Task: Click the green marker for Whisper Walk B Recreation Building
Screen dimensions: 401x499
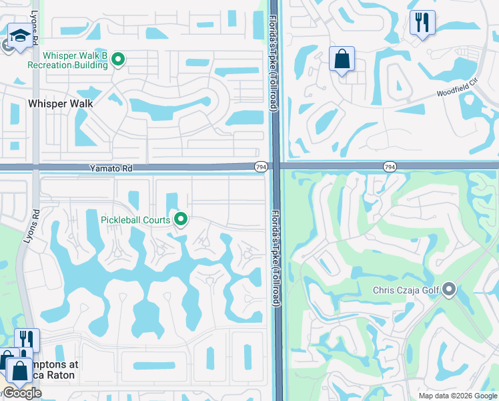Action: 118,59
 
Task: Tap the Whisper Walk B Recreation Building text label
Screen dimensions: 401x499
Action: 67,60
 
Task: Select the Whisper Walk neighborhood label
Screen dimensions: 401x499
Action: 60,104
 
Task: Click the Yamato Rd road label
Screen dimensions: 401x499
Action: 108,170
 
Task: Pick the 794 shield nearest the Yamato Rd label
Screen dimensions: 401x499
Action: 261,166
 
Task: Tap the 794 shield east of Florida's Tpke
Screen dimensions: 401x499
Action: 390,166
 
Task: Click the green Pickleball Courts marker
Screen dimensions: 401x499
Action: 180,219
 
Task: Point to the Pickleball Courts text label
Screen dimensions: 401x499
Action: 135,220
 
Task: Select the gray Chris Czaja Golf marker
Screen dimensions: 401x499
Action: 449,289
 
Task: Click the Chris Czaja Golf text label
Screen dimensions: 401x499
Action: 406,290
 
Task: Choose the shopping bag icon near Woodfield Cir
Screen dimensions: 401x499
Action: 342,59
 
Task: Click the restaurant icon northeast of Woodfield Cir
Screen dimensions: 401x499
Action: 422,23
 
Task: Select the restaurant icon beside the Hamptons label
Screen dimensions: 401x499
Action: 27,340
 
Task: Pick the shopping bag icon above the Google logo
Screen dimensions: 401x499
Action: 19,370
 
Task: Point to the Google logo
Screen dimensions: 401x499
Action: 21,393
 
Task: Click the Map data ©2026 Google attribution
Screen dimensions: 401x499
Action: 458,396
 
